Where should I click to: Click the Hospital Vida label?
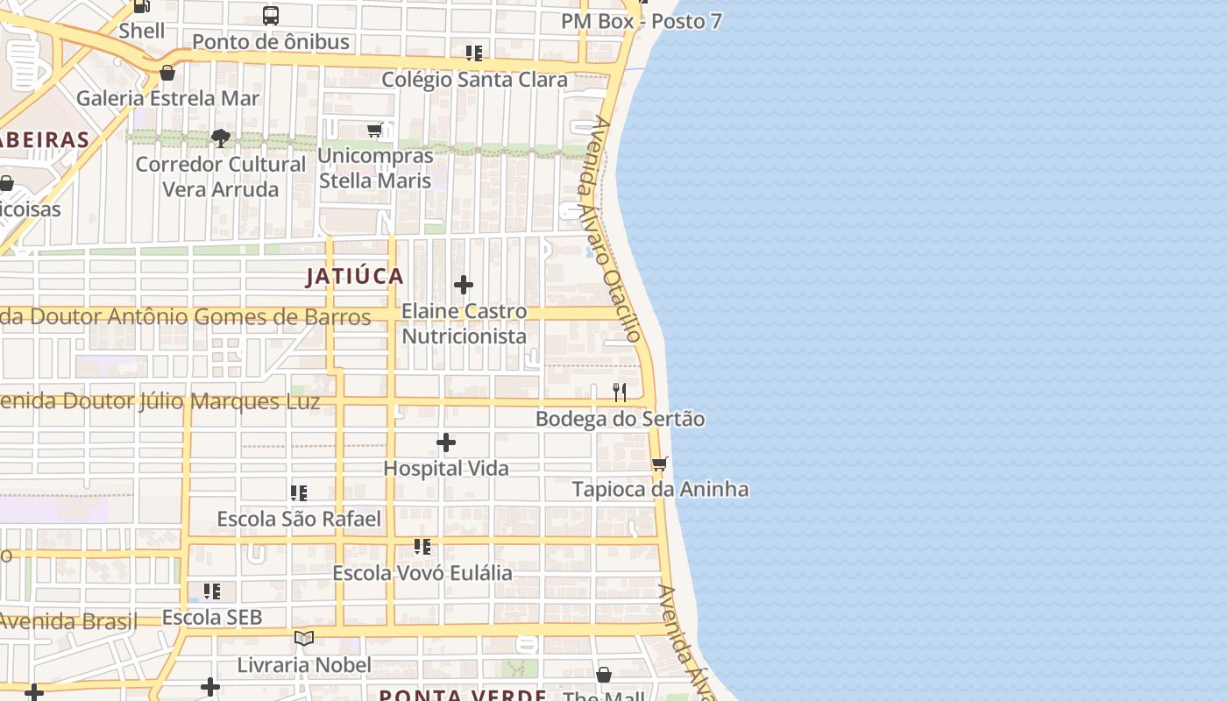pos(446,469)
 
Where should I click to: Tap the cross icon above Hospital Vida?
pos(446,443)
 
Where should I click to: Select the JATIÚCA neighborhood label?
pos(355,277)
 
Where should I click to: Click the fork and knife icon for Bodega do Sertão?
pos(620,392)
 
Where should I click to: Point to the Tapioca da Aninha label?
pos(660,489)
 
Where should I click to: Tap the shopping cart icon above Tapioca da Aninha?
pos(659,464)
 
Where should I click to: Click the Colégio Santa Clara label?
pos(474,80)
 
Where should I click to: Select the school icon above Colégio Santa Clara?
pos(474,53)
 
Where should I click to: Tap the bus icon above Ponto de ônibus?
pos(271,16)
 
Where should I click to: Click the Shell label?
pos(142,31)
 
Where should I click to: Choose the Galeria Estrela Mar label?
pos(167,98)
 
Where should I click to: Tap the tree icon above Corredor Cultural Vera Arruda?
pos(220,138)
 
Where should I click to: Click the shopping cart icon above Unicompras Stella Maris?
pos(375,131)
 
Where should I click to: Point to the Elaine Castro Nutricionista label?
pos(464,323)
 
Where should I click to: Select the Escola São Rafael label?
pos(299,519)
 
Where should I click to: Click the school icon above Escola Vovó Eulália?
pos(422,547)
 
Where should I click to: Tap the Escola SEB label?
pos(212,618)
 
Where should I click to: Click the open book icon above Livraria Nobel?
pos(304,639)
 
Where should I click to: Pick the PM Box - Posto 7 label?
pos(642,21)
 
